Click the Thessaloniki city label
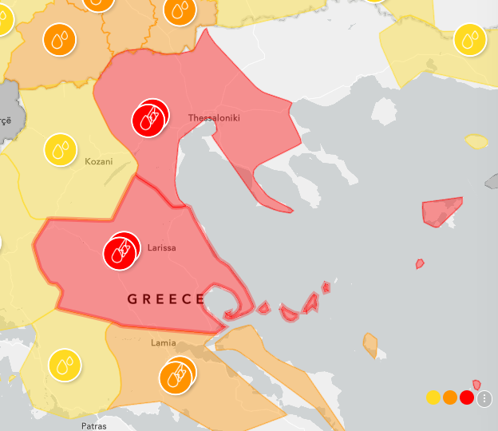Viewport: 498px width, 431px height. [214, 118]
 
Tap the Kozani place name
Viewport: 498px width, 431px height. [99, 161]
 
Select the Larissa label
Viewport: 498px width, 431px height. [162, 247]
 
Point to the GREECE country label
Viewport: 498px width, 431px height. [167, 299]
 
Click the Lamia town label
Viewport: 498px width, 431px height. [163, 343]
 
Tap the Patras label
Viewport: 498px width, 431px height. [93, 425]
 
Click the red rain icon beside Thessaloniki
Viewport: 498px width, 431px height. [149, 119]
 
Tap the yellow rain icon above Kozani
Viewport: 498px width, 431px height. [59, 149]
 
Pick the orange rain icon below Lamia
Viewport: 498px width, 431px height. [176, 376]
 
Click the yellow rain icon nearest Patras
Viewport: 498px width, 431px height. [65, 365]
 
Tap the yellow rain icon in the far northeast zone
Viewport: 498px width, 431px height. [470, 39]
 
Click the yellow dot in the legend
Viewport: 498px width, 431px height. [433, 397]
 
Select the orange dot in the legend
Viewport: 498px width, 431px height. [450, 397]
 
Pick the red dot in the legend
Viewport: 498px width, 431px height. [467, 397]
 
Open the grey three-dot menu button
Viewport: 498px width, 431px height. [484, 398]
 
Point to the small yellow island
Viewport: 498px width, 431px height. [476, 142]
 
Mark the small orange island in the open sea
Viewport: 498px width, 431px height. [370, 344]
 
